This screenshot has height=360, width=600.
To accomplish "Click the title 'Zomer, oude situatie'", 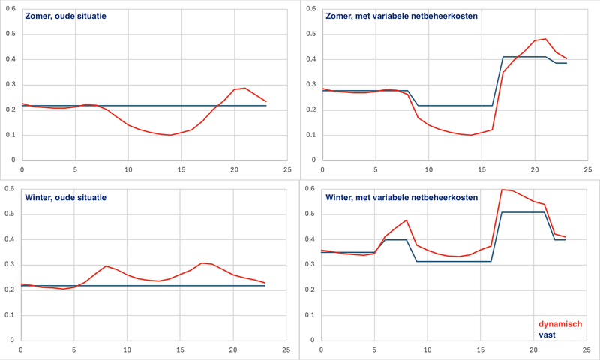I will click(66, 16).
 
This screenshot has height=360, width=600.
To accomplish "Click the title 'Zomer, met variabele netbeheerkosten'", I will click(403, 16).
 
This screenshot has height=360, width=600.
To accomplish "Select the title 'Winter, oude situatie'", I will click(66, 197).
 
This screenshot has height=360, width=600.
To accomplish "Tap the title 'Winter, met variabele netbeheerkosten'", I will click(401, 197).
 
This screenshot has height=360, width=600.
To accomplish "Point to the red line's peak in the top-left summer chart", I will click(244, 88).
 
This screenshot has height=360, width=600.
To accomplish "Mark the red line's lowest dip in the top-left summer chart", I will click(170, 135).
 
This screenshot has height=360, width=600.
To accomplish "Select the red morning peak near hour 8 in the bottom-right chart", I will click(406, 220).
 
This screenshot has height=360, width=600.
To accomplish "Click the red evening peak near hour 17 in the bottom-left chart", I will click(202, 262).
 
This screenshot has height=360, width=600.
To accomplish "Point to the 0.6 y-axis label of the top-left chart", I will click(10, 9).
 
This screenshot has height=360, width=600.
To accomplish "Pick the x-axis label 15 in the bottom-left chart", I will click(180, 349).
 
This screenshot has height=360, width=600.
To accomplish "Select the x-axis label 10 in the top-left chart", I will click(127, 169).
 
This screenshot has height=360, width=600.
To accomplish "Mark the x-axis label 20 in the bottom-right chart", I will click(532, 349).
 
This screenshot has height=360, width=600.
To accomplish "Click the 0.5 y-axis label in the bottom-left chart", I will click(10, 214).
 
